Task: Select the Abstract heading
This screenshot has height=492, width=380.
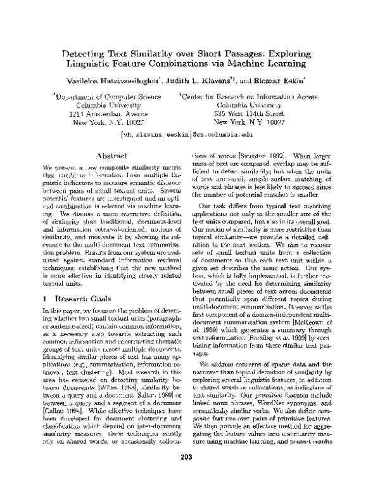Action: click(112, 155)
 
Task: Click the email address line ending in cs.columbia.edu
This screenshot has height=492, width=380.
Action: click(189, 135)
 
